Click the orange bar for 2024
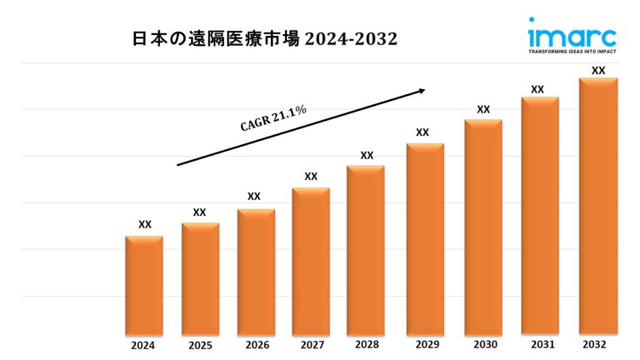(144, 284)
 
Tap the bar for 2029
(425, 238)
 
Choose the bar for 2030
(483, 226)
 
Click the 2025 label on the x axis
(200, 345)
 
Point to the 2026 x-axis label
(256, 345)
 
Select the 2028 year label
(366, 345)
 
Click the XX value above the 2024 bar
(144, 224)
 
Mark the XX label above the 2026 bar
(254, 197)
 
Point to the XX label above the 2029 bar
(422, 132)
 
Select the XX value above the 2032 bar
(597, 71)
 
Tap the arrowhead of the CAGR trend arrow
(422, 91)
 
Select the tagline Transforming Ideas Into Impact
(572, 51)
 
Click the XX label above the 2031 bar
(537, 89)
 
